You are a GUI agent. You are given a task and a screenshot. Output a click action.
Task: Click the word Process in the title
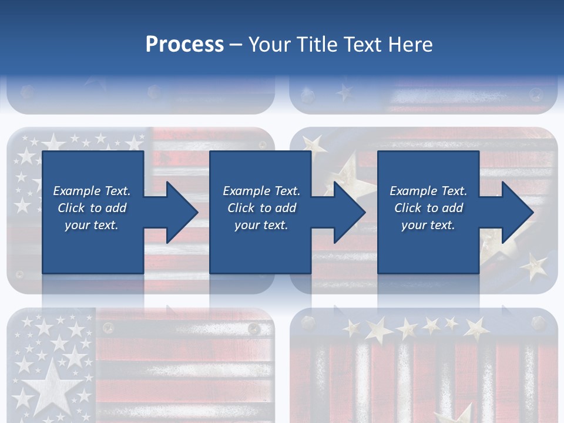(x=184, y=44)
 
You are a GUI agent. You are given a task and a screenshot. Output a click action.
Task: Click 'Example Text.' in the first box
(x=92, y=191)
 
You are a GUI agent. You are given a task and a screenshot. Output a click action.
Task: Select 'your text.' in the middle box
(x=261, y=225)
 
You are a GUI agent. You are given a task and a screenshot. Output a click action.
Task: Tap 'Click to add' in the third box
(x=428, y=208)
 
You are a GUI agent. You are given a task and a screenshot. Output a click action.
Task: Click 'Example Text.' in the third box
(x=428, y=191)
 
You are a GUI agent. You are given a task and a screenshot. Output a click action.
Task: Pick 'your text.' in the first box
(x=92, y=225)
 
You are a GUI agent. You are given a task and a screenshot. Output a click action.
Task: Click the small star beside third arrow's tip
(x=535, y=266)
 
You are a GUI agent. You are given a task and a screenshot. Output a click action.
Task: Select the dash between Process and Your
(x=236, y=44)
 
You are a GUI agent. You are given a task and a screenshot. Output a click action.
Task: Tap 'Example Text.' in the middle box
(x=261, y=191)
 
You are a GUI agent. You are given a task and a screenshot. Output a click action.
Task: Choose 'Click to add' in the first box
(x=92, y=208)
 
